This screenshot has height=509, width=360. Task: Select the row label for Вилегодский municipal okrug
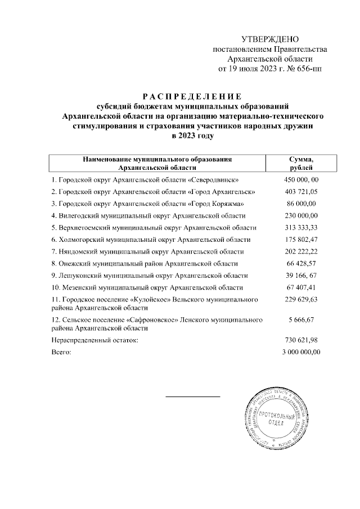click(148, 215)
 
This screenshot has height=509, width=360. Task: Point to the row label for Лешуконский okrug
click(149, 276)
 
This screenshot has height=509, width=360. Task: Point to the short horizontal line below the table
click(192, 397)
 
